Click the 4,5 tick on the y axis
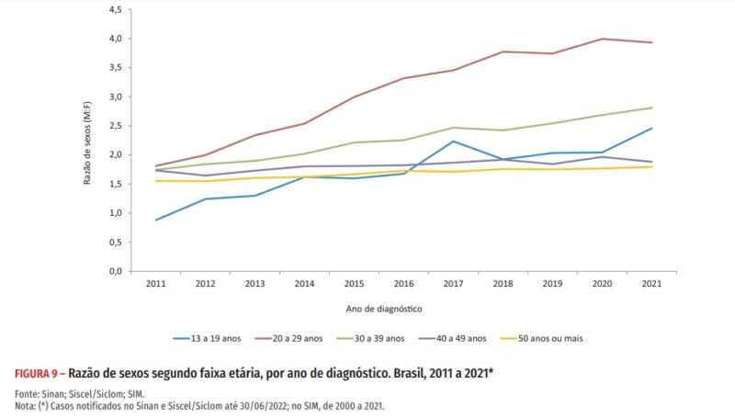click(115, 9)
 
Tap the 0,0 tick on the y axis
click(115, 271)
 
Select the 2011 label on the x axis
click(154, 284)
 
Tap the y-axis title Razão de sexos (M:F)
click(88, 141)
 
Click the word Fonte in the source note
click(28, 392)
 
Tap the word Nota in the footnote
click(26, 404)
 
